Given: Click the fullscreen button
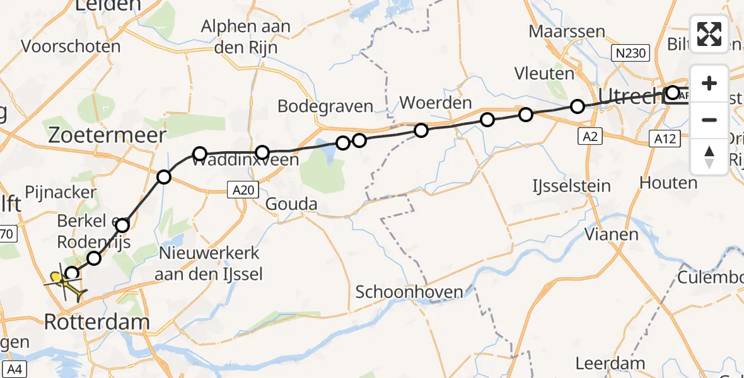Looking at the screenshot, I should pyautogui.click(x=709, y=33).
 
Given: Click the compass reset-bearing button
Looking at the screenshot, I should pyautogui.click(x=709, y=157).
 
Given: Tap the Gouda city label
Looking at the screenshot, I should pyautogui.click(x=291, y=205).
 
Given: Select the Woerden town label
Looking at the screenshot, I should pyautogui.click(x=436, y=102).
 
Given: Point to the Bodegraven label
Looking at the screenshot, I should pyautogui.click(x=325, y=106).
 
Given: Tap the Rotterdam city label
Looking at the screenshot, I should pyautogui.click(x=97, y=323).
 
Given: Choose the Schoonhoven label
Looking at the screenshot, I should pyautogui.click(x=409, y=292).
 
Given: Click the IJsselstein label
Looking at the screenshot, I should pyautogui.click(x=571, y=186).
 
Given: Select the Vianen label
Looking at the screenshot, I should pyautogui.click(x=611, y=234).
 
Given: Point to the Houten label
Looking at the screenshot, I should pyautogui.click(x=668, y=183).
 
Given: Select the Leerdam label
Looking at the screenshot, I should pyautogui.click(x=610, y=364).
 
